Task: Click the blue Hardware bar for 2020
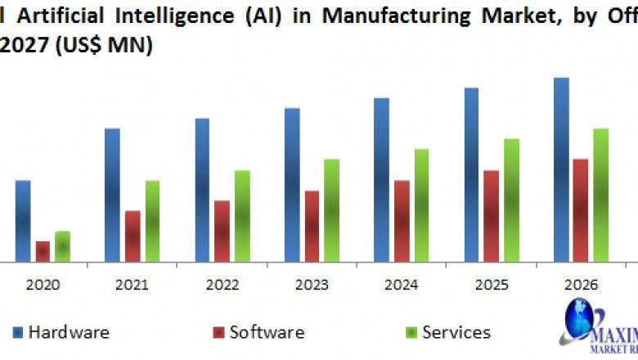coord(23,221)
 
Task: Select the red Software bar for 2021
coord(133,236)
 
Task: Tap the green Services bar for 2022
coord(242,216)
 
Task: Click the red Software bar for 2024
coord(402,221)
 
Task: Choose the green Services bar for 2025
coord(511,200)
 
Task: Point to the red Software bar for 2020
coord(43,251)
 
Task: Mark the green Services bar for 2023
coord(332,210)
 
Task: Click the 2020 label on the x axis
coord(43,285)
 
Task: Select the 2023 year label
coord(312,285)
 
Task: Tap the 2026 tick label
coord(582,285)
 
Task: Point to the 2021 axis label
coord(132,285)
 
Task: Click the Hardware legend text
coord(69,332)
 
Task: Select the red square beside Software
coord(218,333)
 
